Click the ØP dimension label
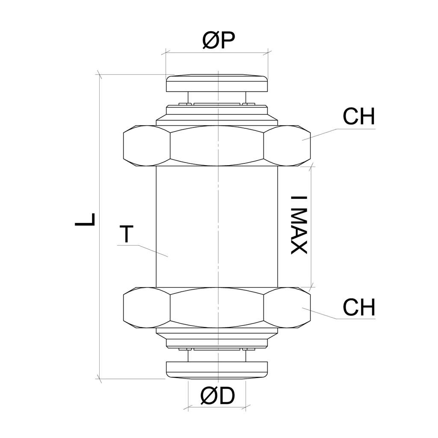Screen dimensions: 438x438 tap(219, 40)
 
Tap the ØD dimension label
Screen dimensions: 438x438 tap(218, 396)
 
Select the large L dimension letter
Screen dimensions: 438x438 tap(85, 219)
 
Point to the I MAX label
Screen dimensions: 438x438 tap(299, 225)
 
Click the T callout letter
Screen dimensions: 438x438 tap(126, 234)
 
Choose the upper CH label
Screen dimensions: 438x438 tap(359, 116)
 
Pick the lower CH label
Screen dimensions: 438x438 tap(359, 307)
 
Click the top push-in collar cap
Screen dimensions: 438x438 tap(217, 83)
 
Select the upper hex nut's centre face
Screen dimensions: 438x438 tap(217, 146)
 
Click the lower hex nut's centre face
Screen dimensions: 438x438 tap(217, 308)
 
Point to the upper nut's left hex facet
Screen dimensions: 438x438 tap(147, 146)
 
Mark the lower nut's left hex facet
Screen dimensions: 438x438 tap(147, 308)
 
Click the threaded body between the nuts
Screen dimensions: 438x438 tap(217, 227)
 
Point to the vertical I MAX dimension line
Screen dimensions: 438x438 tap(311, 227)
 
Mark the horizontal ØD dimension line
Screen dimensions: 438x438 tap(217, 407)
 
